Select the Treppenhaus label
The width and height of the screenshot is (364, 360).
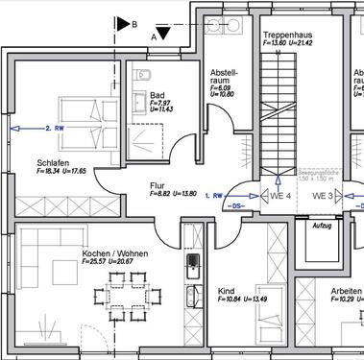coord(288,35)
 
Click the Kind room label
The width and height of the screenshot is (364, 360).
coord(227,290)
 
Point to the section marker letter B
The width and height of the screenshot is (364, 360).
coord(133,22)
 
